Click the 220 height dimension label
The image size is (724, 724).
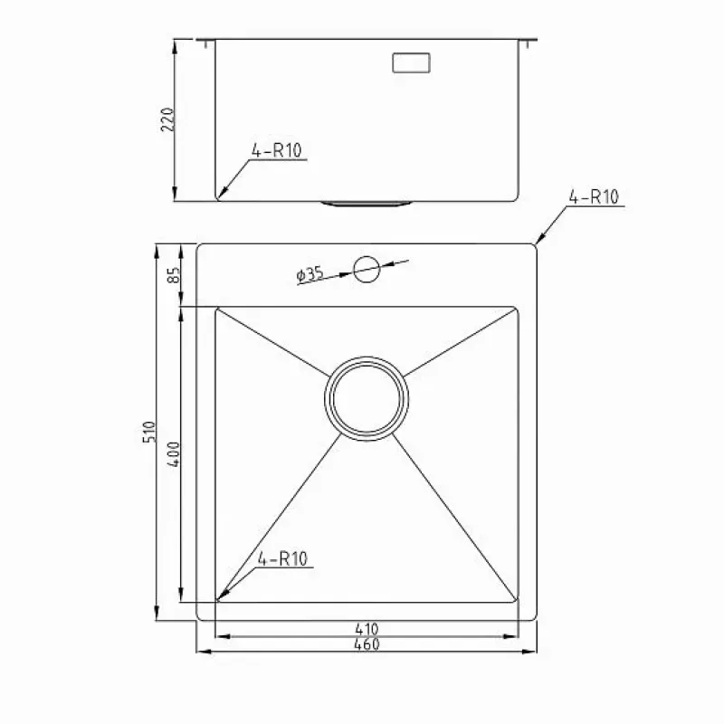pos(167,119)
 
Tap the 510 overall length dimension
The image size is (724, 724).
pos(149,432)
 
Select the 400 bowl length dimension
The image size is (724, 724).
pos(173,454)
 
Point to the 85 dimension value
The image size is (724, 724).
pos(173,275)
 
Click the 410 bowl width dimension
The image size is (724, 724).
pos(367,628)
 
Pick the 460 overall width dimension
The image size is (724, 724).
pos(367,644)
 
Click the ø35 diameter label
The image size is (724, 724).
pos(310,274)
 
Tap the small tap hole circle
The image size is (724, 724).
pos(367,269)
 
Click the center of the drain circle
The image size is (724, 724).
pos(367,398)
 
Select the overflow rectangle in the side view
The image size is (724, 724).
pos(412,62)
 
